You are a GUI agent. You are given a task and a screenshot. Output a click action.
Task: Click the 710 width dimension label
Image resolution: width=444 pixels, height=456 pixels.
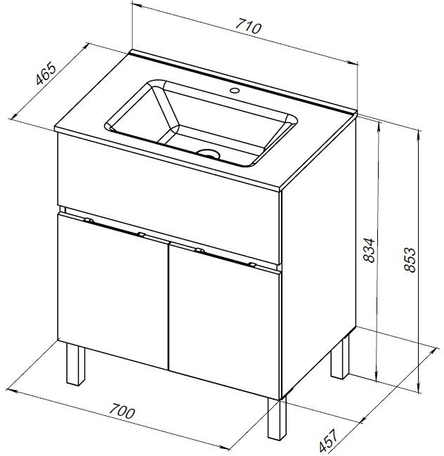click(248, 26)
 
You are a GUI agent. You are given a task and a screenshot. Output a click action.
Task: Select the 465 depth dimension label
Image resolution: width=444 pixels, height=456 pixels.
click(46, 73)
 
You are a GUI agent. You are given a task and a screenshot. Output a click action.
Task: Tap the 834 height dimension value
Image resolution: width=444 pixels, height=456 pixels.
click(370, 250)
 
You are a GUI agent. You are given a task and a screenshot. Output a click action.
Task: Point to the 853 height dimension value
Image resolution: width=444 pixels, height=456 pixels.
click(410, 260)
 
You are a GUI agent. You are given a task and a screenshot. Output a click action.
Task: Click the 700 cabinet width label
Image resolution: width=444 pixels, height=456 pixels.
click(122, 411)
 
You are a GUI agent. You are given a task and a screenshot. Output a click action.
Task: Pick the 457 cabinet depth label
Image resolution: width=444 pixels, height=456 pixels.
click(329, 439)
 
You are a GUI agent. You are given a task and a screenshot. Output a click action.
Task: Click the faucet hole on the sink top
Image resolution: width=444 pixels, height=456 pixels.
click(235, 90)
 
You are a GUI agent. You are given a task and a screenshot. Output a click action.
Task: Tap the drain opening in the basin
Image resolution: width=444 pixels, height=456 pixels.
click(208, 153)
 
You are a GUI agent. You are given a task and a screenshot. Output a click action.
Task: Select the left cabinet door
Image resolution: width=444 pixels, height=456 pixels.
click(113, 291)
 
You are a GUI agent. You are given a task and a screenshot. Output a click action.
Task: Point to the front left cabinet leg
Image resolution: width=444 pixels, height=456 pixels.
click(75, 364)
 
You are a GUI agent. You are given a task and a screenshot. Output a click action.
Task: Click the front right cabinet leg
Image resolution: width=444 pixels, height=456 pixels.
click(277, 419)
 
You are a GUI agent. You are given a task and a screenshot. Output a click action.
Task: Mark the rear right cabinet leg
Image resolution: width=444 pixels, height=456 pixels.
click(340, 358)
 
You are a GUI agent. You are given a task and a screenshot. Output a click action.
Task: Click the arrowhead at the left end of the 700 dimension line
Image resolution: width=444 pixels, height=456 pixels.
click(11, 390)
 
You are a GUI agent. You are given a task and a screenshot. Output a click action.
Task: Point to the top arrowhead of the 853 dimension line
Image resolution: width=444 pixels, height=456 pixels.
click(419, 134)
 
